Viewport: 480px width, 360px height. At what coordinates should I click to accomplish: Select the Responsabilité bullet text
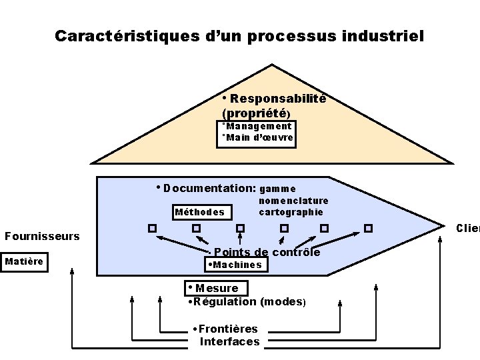278,99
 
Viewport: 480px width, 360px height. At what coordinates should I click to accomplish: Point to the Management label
258,126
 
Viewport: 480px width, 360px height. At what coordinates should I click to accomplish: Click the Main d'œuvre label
259,138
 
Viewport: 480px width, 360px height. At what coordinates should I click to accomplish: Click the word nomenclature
293,201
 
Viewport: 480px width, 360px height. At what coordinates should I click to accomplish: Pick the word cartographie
291,212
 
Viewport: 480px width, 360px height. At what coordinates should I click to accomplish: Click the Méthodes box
199,213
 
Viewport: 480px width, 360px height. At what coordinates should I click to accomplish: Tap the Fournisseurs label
42,236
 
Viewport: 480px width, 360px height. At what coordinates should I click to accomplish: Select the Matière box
24,261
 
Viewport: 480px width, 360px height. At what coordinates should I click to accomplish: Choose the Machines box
235,265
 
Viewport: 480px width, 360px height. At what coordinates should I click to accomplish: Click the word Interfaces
230,341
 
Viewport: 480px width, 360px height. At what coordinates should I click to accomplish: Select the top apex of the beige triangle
272,65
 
